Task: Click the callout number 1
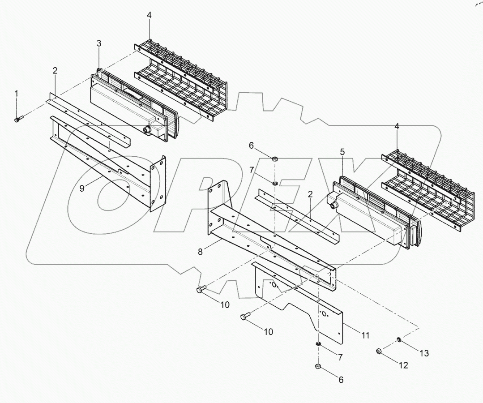click(x=17, y=94)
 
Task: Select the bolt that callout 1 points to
click(x=17, y=119)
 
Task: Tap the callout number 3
click(x=99, y=43)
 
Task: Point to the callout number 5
click(x=342, y=152)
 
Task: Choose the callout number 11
click(x=366, y=334)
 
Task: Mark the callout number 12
click(x=403, y=365)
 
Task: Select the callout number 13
click(x=423, y=353)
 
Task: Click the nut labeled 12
click(x=379, y=351)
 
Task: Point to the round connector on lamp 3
click(x=145, y=130)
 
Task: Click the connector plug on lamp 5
click(x=333, y=204)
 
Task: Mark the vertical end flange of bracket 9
click(x=158, y=184)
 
